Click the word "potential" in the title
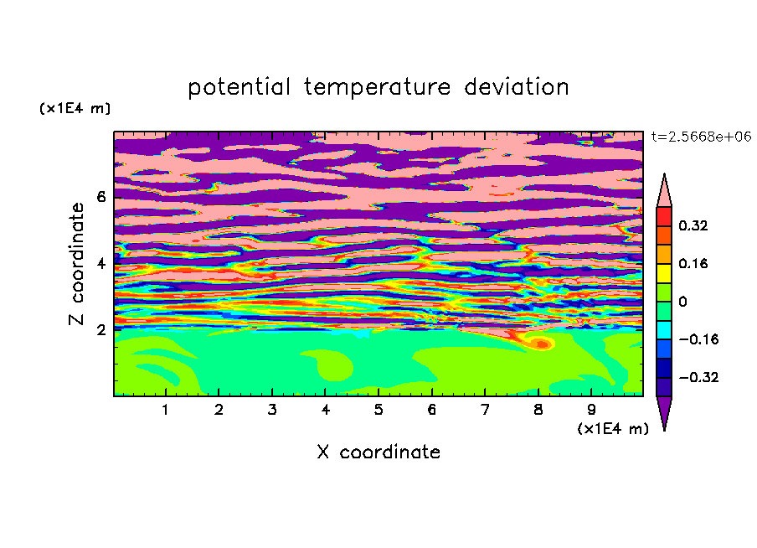tap(239, 88)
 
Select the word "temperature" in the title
tap(377, 88)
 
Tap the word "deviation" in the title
tap(517, 87)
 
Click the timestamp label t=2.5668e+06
tap(701, 137)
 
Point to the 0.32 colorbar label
tap(693, 225)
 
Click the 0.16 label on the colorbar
tap(693, 263)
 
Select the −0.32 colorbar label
tap(698, 377)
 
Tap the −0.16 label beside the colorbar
tap(698, 339)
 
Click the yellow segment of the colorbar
tap(664, 273)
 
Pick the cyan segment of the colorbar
tap(664, 330)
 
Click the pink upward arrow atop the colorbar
tap(664, 190)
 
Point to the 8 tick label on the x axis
tap(538, 410)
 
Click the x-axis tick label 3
tap(272, 410)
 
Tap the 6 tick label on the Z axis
tap(100, 197)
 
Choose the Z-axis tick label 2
tap(100, 330)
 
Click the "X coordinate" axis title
tap(378, 452)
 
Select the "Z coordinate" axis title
tap(77, 264)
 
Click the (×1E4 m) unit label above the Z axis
tap(75, 108)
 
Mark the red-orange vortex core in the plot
tap(542, 344)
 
